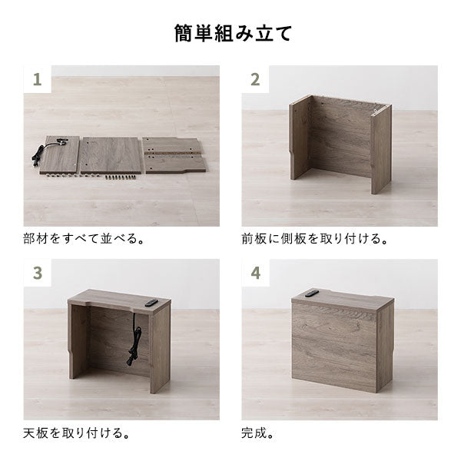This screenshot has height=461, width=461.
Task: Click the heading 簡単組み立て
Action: click(230, 35)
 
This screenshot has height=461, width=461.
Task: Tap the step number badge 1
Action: click(37, 79)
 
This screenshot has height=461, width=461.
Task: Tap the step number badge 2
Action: click(255, 79)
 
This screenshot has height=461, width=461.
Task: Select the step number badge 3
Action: click(37, 273)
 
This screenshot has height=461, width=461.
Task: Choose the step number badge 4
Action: click(255, 273)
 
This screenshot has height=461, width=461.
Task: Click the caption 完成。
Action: click(264, 433)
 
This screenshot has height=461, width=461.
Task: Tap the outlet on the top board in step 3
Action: click(149, 303)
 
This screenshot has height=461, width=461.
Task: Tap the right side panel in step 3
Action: click(160, 350)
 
